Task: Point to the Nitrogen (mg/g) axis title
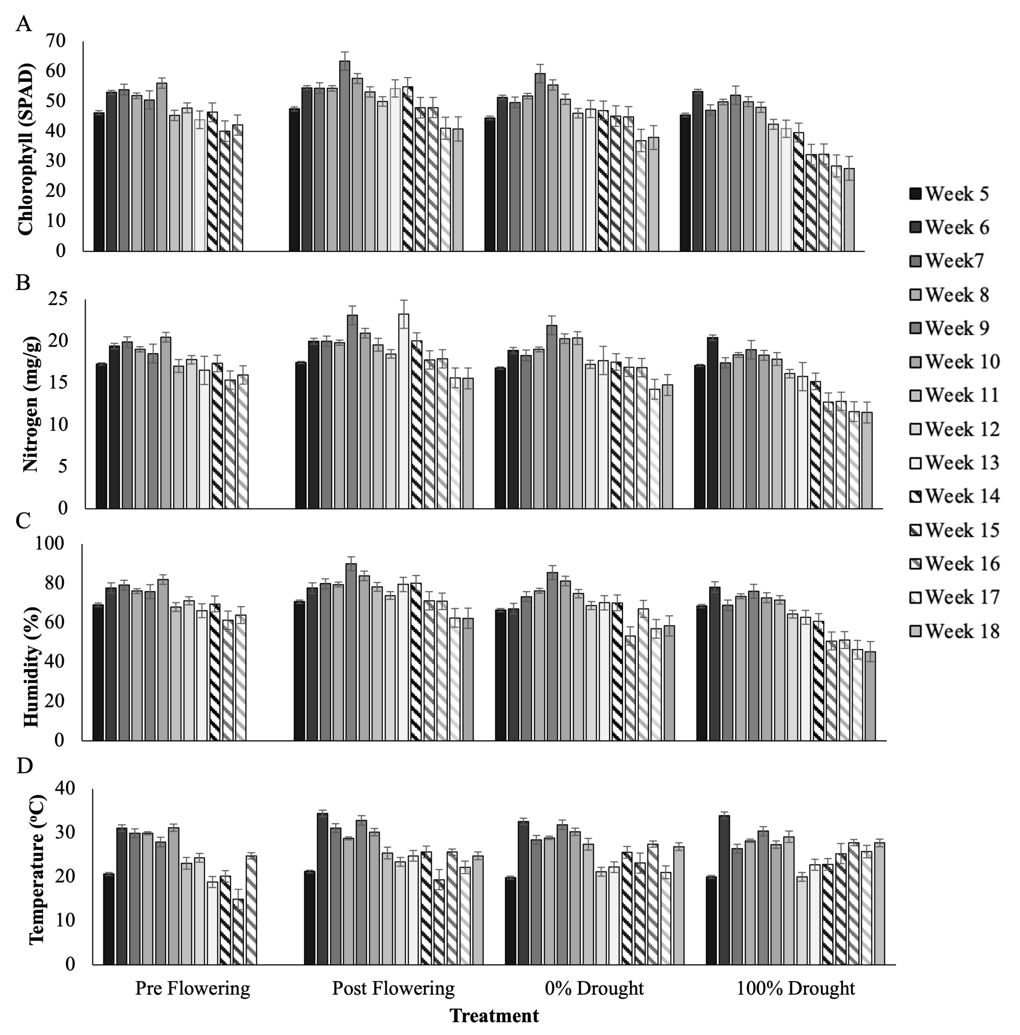click(x=31, y=404)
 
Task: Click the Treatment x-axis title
click(x=494, y=1015)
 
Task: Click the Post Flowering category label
click(x=393, y=988)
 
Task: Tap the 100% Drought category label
click(x=796, y=988)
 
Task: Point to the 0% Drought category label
click(x=594, y=988)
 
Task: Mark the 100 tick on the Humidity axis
click(x=49, y=544)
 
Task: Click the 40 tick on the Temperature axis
click(x=65, y=788)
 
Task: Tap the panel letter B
click(x=23, y=282)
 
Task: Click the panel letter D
click(x=25, y=766)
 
